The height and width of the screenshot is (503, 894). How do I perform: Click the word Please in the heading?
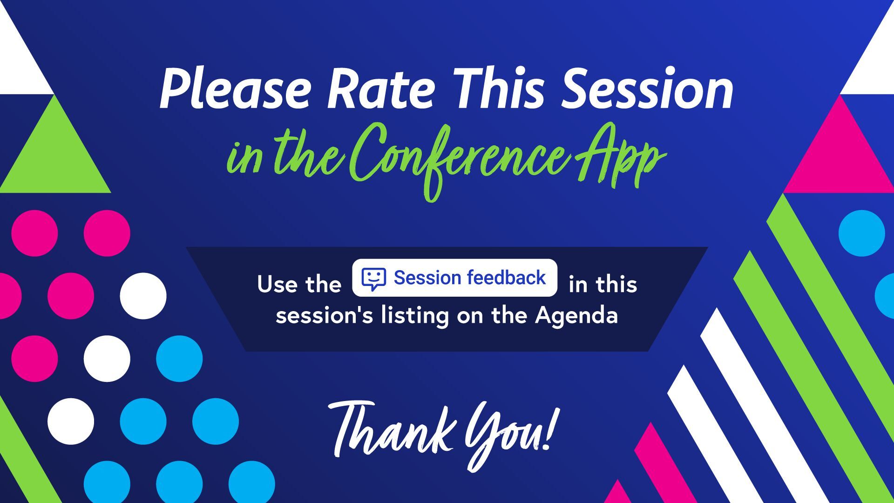(x=235, y=88)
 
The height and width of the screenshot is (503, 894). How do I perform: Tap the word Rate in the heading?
(x=381, y=88)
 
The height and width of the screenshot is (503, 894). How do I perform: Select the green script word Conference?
(x=459, y=158)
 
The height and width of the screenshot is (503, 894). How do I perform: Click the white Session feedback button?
(x=454, y=278)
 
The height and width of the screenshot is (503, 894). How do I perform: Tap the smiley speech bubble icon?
(x=373, y=278)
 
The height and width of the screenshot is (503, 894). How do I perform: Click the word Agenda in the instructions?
(x=576, y=316)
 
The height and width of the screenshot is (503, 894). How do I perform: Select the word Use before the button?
(x=278, y=284)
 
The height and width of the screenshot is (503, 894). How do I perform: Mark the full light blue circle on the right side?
(x=862, y=233)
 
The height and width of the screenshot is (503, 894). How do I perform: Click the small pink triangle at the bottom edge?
(x=617, y=493)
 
